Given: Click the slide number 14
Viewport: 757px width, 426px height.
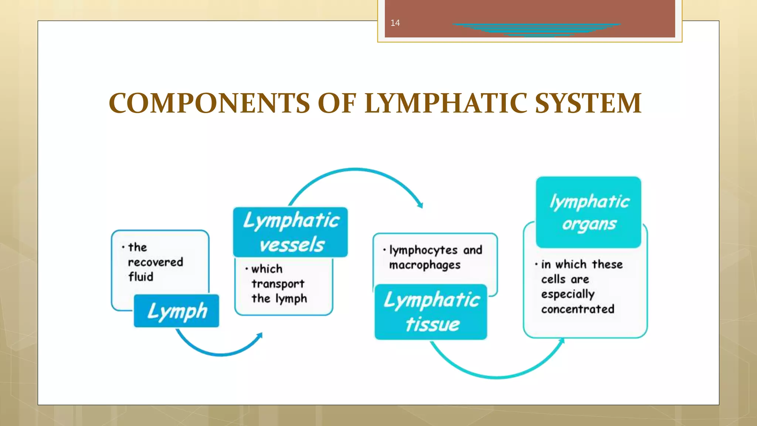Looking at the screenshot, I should point(395,23).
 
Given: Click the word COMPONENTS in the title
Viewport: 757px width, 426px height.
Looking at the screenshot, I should point(209,103).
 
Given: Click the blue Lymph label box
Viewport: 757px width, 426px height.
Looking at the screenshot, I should point(176,311).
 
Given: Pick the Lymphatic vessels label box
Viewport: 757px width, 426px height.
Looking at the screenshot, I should point(291,232).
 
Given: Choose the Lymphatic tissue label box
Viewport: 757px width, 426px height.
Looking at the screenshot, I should point(431,312).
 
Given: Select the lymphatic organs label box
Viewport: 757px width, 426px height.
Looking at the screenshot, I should point(588,212).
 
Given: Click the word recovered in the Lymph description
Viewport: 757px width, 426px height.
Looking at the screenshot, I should point(155,262).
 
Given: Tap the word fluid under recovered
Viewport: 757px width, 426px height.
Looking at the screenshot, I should point(140,277).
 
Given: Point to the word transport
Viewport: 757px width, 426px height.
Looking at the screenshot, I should point(278,284).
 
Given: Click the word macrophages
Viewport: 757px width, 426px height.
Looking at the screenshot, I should point(425,265).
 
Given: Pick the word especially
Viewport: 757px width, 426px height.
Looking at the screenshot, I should point(568,294).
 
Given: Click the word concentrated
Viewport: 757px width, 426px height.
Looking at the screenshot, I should point(578,309).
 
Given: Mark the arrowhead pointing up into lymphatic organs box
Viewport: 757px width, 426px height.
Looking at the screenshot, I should point(562,341).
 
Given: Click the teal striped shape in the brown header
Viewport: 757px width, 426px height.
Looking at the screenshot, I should point(536,29).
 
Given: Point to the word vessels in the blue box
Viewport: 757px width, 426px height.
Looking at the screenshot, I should point(292,245).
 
